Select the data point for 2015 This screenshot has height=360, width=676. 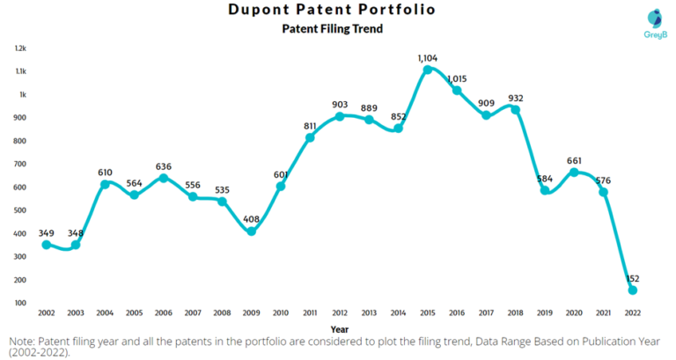pos(427,70)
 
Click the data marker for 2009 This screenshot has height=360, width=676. pos(252,231)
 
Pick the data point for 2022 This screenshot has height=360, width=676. pos(633,290)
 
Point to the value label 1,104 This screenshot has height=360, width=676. pos(427,57)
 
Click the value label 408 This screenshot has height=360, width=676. pos(252,219)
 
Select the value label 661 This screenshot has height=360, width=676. pos(575,160)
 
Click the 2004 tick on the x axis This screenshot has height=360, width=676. pos(106,312)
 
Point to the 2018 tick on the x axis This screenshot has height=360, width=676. pos(516,312)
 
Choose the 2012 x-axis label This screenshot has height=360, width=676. pos(340,312)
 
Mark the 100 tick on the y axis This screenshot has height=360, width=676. pos(19,303)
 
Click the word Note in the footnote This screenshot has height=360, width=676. pos(23,339)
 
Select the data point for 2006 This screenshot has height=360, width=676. pos(164,179)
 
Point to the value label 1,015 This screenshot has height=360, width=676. pos(457,78)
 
